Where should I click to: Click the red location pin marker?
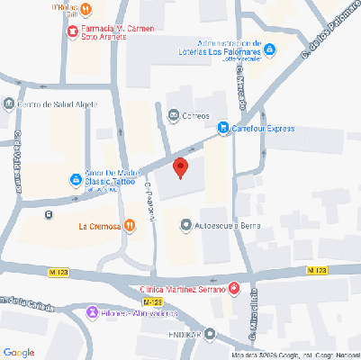[180, 167]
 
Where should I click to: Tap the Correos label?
[195, 115]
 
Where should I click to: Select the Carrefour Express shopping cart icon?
[223, 129]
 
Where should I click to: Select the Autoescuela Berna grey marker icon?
[185, 224]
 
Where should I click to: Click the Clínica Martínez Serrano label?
[183, 288]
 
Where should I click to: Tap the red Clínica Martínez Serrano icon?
[234, 288]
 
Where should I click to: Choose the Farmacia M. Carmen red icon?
[72, 32]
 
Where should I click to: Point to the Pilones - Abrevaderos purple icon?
[92, 312]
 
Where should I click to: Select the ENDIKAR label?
[184, 335]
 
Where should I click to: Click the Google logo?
[19, 350]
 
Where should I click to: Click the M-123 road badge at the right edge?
[316, 270]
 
